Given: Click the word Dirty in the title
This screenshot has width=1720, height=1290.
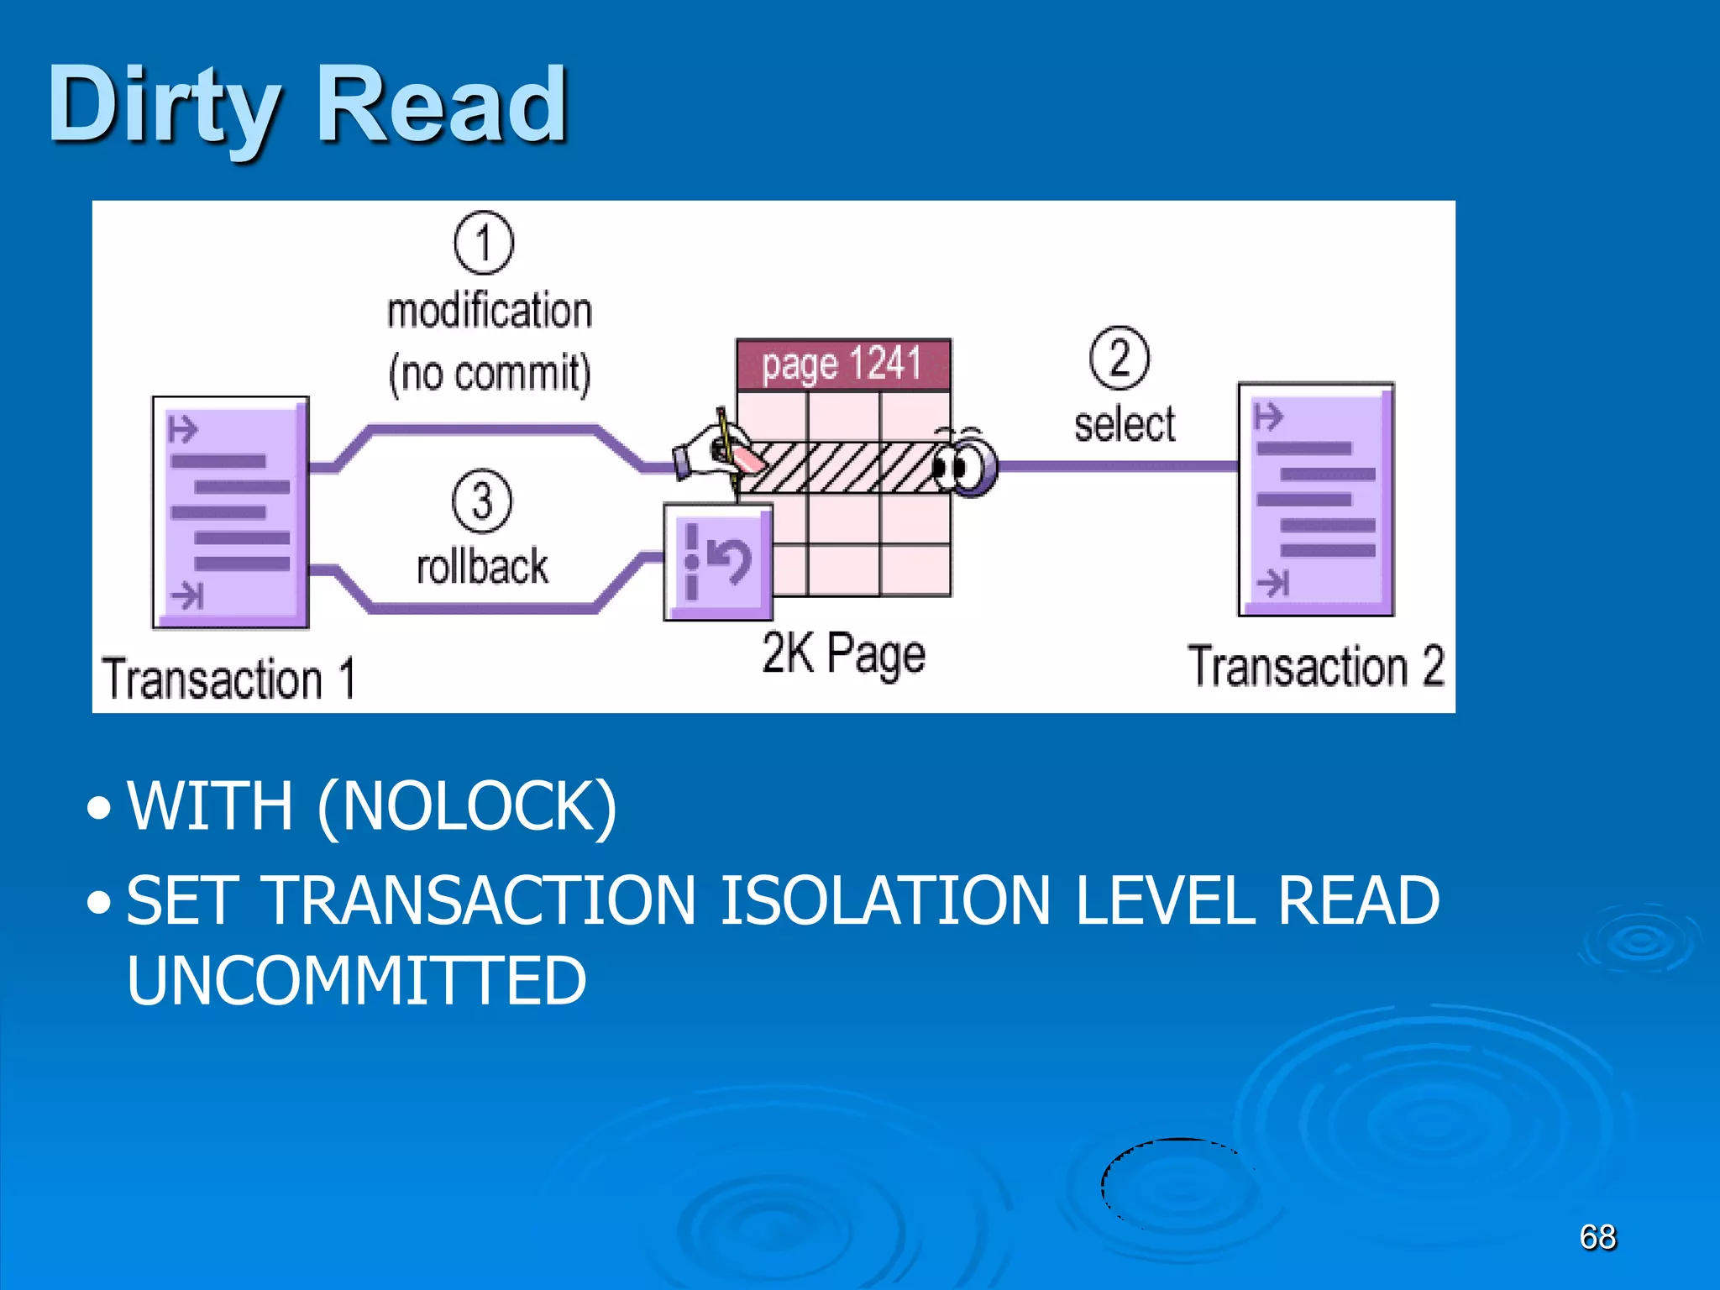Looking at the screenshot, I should point(164,106).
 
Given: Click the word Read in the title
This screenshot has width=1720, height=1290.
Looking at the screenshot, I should point(443,106).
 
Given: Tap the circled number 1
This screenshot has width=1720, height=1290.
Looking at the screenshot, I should point(484,243).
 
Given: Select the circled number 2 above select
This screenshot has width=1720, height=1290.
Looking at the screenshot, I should point(1120,358).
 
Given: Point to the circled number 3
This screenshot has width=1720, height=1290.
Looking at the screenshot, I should point(482,501).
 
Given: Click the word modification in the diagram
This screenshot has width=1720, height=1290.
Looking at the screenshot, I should point(490,311).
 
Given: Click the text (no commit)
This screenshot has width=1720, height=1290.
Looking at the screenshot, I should point(490,373).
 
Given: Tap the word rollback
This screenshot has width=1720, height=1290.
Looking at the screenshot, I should point(482,566).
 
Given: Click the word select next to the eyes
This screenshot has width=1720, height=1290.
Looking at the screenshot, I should point(1125,424).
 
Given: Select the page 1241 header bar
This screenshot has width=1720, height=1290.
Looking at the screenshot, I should point(843,364).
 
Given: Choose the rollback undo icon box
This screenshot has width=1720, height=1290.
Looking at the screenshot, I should point(718,561).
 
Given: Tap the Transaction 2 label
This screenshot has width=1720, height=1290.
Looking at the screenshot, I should point(1315,667).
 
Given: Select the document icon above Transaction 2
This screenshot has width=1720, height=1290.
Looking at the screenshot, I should point(1316,500).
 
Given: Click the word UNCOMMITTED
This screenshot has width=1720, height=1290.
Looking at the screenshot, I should point(356,980).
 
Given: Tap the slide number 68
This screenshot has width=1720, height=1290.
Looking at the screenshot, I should point(1597,1237).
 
